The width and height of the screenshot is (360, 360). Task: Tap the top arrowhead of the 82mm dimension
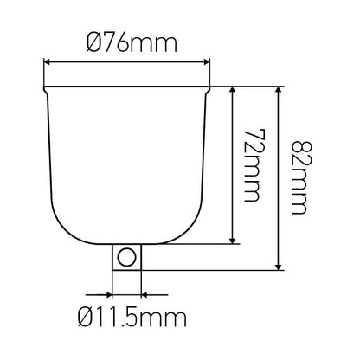[x=279, y=89]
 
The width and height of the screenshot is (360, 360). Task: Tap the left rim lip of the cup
[x=46, y=87]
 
